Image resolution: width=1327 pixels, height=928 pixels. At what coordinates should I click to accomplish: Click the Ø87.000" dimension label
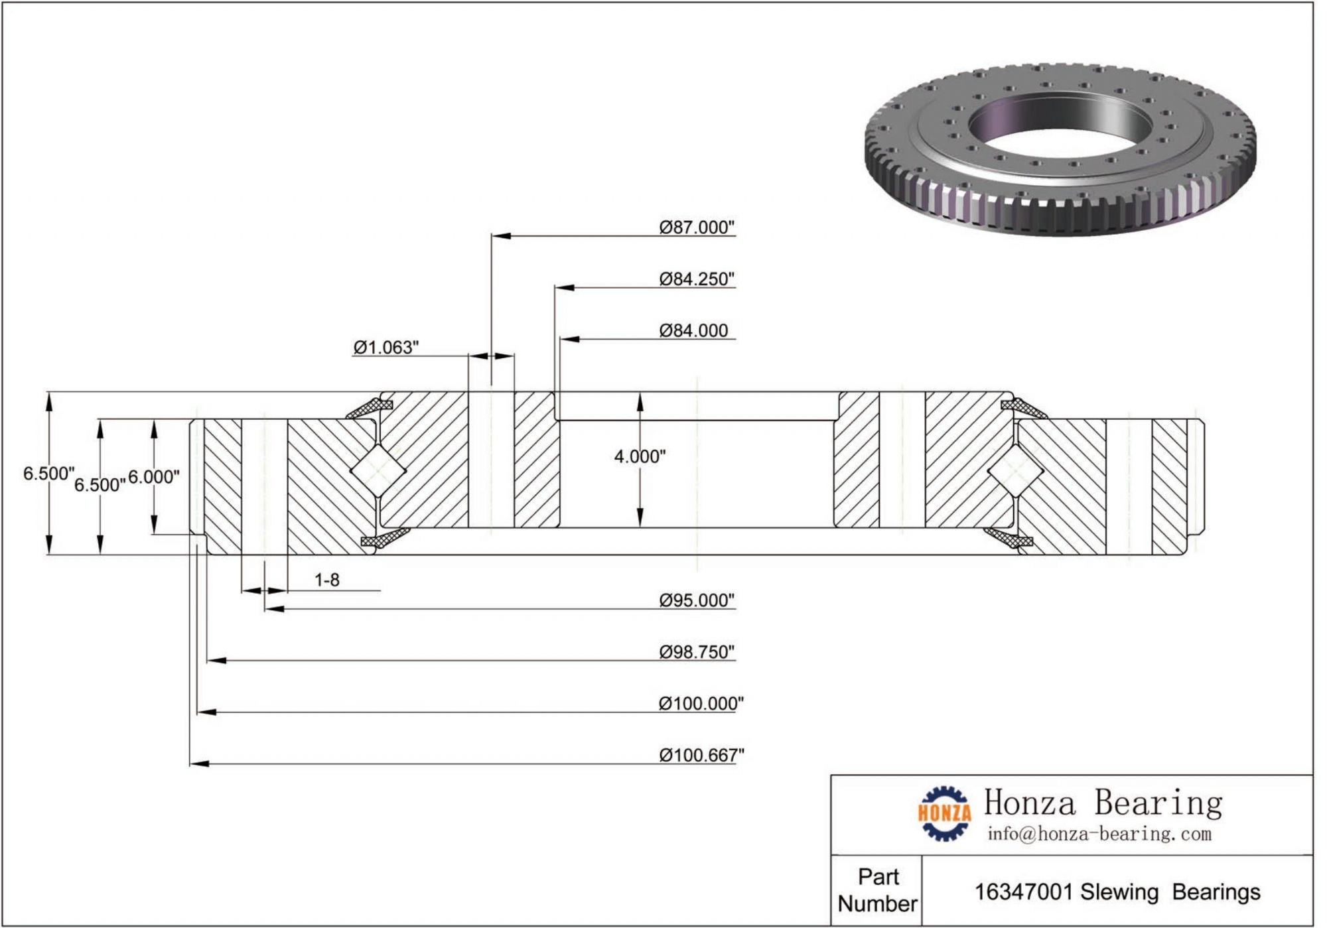click(697, 228)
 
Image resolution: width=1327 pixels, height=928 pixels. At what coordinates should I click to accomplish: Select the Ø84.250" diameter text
click(697, 279)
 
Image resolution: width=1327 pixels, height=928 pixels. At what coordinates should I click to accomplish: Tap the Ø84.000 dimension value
click(693, 330)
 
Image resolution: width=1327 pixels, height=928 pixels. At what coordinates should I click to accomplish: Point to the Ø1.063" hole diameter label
click(385, 348)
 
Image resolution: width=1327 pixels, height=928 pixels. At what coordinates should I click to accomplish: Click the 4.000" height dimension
click(639, 456)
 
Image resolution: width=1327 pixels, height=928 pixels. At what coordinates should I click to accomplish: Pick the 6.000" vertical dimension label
click(153, 477)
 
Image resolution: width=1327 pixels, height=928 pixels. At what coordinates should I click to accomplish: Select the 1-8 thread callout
click(326, 580)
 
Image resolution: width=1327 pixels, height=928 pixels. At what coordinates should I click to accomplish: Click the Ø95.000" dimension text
click(697, 600)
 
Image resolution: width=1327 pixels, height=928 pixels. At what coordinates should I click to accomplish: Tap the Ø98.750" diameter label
click(697, 652)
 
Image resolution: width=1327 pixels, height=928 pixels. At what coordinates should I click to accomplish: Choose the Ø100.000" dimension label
click(701, 704)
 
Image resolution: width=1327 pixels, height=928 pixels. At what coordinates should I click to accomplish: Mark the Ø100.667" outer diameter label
click(701, 756)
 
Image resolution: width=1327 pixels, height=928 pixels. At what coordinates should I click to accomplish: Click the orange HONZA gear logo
click(944, 813)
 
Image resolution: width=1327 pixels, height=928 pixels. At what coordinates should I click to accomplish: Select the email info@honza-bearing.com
click(1099, 834)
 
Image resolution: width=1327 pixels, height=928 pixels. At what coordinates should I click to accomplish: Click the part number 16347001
click(1023, 892)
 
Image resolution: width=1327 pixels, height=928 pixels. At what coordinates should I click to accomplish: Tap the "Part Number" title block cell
click(877, 890)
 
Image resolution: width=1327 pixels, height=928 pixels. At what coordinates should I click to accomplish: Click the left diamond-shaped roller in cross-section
click(378, 470)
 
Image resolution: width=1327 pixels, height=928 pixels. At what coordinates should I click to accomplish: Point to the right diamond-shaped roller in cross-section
click(1015, 470)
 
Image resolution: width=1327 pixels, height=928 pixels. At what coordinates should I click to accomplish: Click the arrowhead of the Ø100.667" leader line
click(200, 764)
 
